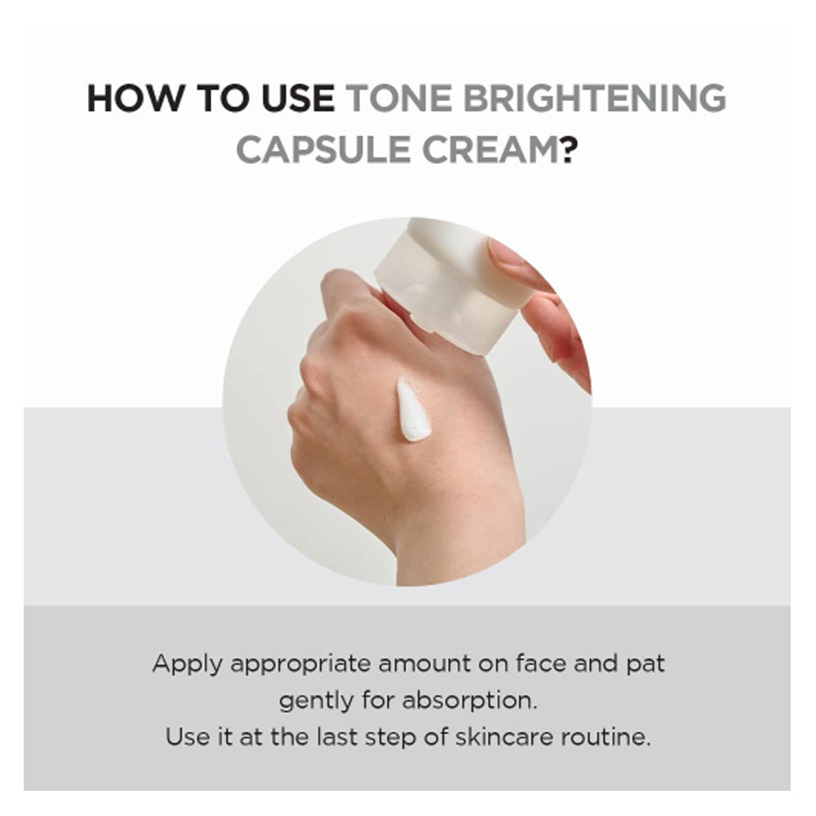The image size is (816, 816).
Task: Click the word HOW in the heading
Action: click(x=135, y=98)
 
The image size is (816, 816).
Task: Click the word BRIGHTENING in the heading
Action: click(x=595, y=98)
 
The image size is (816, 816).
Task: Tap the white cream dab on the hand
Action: click(x=412, y=410)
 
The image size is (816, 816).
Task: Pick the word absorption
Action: click(x=469, y=702)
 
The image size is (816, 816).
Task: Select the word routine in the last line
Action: click(x=605, y=737)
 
